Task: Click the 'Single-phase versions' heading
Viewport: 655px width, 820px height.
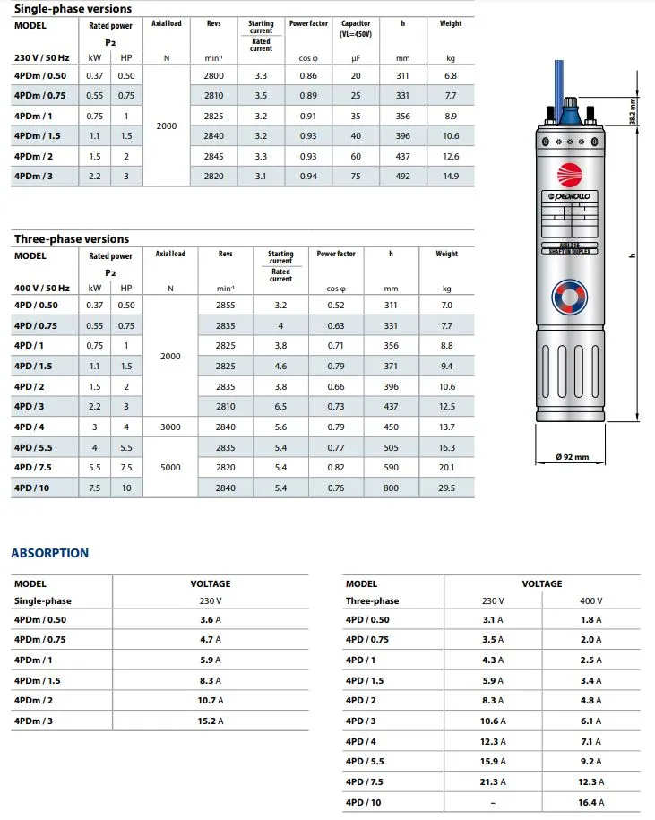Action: tap(73, 9)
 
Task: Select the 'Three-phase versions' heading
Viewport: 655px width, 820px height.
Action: tap(72, 239)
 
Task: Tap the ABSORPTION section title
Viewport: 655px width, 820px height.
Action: tap(50, 553)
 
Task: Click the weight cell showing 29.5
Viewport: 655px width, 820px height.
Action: tap(446, 488)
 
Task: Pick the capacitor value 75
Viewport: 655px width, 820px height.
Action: tap(357, 177)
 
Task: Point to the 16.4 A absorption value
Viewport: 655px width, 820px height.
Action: tap(590, 802)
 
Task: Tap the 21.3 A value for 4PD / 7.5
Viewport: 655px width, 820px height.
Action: tap(493, 782)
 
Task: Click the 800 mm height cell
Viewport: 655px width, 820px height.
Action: tap(391, 488)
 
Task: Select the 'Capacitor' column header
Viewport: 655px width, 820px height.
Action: tap(356, 24)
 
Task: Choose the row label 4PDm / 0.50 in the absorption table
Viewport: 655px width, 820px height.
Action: tap(40, 620)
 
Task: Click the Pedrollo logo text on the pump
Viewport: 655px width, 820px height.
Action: tap(570, 195)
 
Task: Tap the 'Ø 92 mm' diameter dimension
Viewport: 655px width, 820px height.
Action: tap(572, 457)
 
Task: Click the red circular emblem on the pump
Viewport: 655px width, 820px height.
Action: tap(570, 174)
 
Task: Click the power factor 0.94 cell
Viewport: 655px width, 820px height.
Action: tap(307, 177)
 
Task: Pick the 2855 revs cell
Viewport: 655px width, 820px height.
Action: tap(226, 306)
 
